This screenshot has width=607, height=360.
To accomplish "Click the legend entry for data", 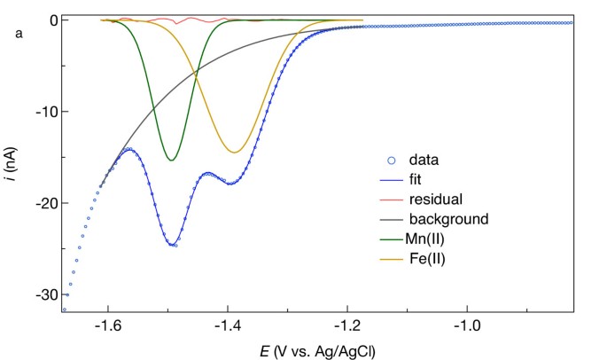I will click(424, 160).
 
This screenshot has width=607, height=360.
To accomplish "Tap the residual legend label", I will click(434, 199).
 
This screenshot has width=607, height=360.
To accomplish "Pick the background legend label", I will click(447, 218).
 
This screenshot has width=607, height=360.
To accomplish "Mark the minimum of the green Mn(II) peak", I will click(172, 160).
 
